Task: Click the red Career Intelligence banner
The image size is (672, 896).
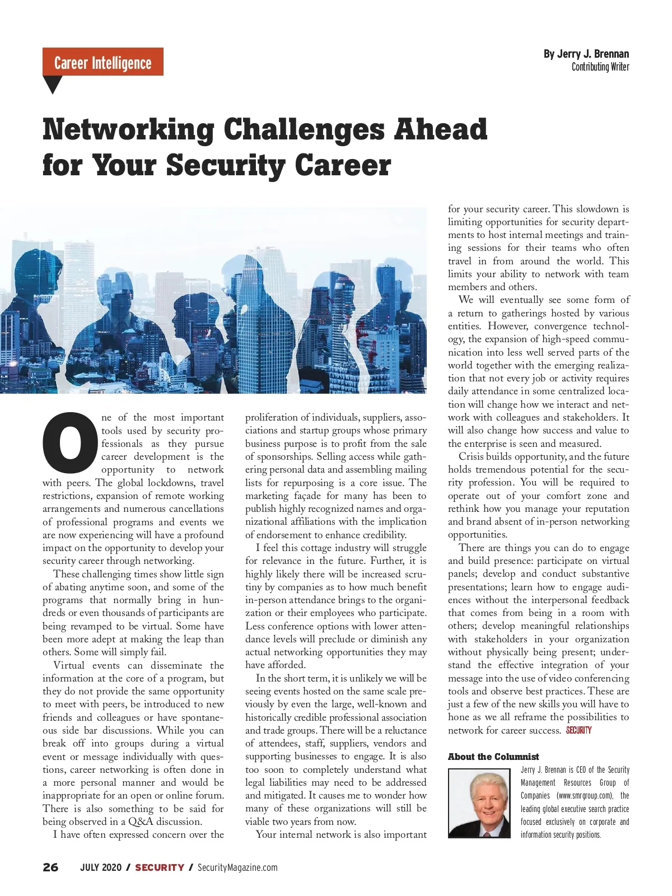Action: point(103,62)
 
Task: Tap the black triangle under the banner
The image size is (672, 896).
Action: point(52,84)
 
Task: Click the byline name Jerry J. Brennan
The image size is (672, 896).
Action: point(586,54)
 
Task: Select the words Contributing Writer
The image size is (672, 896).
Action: point(600,67)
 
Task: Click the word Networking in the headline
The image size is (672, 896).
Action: point(128,129)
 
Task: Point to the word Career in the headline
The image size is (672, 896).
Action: point(342,165)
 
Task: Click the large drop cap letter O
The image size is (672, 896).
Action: point(69,442)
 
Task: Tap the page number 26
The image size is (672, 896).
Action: point(50,867)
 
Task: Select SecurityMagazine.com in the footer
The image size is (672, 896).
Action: point(237,867)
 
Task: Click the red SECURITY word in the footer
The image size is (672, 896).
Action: point(160,867)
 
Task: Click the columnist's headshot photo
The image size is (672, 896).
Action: point(479,803)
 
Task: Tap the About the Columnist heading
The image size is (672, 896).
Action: point(493,757)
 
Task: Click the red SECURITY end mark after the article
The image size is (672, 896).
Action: point(578,730)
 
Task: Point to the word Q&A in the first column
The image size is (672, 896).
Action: point(137,822)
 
